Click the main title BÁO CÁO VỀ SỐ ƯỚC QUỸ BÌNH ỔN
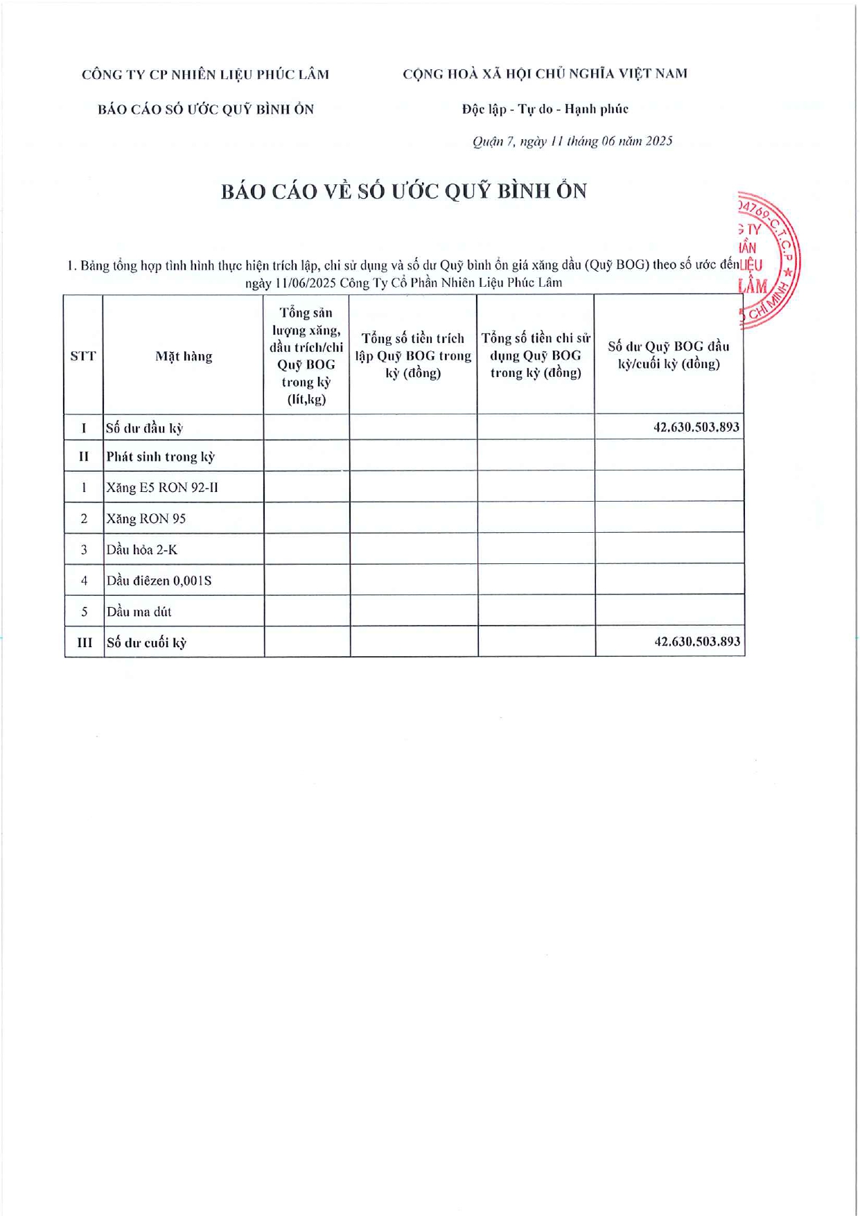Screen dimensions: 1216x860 [x=404, y=191]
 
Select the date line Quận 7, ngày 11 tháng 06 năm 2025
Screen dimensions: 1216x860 [x=572, y=141]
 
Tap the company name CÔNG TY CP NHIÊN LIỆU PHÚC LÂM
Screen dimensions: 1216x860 [x=205, y=75]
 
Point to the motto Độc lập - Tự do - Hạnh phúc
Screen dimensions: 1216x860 [x=545, y=109]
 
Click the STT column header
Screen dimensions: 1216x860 [x=83, y=356]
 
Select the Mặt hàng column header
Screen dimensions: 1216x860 [x=184, y=356]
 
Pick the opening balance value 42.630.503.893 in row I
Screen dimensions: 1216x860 [x=696, y=427]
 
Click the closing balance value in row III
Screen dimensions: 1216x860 [x=697, y=642]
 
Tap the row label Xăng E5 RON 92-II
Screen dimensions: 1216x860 [x=162, y=488]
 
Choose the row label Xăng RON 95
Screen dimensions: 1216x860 [x=146, y=519]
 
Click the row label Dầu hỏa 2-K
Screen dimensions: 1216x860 [x=142, y=550]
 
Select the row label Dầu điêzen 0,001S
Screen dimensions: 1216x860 [x=159, y=581]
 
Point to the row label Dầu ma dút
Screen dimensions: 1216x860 [x=139, y=612]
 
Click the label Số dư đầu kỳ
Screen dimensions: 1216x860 [x=144, y=428]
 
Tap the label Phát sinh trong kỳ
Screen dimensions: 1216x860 [x=161, y=457]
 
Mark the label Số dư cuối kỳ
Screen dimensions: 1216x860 [x=146, y=643]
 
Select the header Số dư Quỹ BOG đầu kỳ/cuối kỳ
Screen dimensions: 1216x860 [x=669, y=355]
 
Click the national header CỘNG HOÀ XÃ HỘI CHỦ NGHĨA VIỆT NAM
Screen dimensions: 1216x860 [x=545, y=74]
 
